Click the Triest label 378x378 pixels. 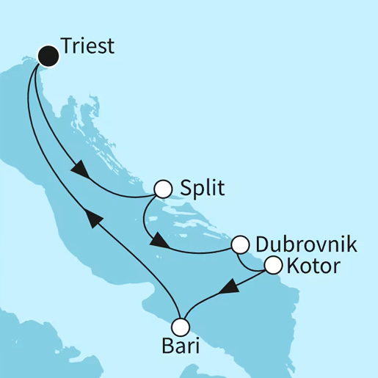(87, 47)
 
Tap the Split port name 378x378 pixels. (201, 189)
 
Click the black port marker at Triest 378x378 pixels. (48, 54)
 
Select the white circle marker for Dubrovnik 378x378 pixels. (240, 244)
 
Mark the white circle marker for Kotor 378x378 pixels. (272, 266)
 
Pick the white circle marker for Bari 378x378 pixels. (181, 326)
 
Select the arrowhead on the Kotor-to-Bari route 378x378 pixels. (230, 286)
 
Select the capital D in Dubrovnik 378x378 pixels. (261, 244)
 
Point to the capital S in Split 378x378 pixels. (186, 189)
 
